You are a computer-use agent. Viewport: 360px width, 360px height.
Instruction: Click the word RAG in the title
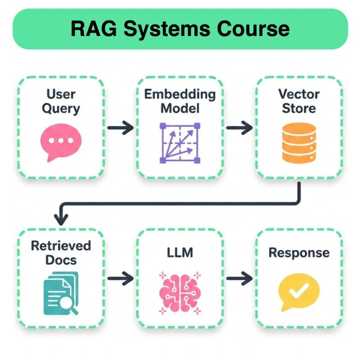pos(93,29)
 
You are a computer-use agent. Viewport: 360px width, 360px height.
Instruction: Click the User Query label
pos(62,101)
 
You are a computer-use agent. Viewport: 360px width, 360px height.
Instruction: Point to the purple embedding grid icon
pos(180,143)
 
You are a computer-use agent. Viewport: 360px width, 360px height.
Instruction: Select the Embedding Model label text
pos(180,101)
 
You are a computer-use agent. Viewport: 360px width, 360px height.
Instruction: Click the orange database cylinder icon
pos(298,143)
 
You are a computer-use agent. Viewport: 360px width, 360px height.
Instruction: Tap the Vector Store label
pos(298,101)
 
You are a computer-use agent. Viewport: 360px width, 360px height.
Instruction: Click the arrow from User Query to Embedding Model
pos(120,128)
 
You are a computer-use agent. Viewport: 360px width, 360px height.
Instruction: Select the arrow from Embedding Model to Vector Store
pos(239,128)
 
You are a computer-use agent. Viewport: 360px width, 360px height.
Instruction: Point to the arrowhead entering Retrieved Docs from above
pos(61,220)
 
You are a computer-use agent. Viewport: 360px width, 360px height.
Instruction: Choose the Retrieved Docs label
pos(61,252)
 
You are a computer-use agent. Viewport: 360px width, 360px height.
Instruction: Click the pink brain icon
pos(180,292)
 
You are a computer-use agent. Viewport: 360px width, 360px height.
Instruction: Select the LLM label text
pos(180,252)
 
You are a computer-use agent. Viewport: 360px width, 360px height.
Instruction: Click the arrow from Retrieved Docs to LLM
pos(120,279)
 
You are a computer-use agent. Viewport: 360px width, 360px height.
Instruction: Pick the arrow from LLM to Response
pos(239,279)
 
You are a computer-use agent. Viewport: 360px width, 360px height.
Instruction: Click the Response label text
pos(299,252)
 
